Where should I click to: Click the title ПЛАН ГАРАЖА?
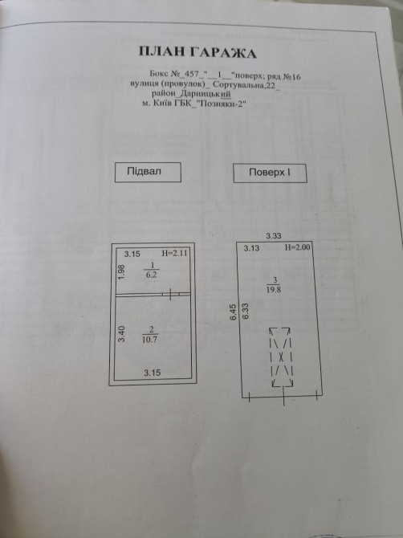pos(197,52)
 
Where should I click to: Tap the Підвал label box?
pos(148,173)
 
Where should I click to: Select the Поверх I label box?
pos(270,173)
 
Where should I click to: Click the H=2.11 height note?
pos(174,254)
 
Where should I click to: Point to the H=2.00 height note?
pos(298,248)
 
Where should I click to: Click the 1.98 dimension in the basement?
pos(121,272)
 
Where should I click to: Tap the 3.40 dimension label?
pos(122,334)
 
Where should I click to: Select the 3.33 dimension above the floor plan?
pos(274,236)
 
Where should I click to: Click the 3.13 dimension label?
pos(251,248)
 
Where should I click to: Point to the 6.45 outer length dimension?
pos(234,312)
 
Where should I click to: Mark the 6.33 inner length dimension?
pos(245,312)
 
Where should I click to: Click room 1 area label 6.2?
pos(151,275)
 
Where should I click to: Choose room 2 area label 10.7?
pos(150,340)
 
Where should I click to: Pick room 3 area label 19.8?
pos(274,289)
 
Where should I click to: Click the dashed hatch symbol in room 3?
pos(282,357)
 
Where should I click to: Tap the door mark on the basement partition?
pos(170,294)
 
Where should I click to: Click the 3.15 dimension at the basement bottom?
pos(152,373)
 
